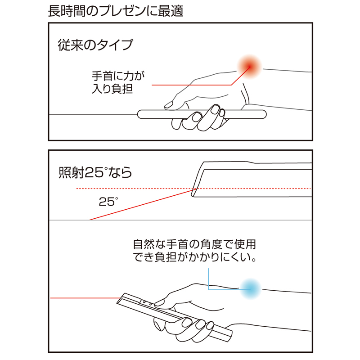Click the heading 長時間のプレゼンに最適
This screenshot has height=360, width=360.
point(116,11)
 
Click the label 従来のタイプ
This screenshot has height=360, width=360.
point(95,45)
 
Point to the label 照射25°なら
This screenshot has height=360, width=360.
point(95,172)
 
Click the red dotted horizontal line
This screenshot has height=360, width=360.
point(135,188)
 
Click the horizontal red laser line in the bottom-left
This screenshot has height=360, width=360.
point(83,298)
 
